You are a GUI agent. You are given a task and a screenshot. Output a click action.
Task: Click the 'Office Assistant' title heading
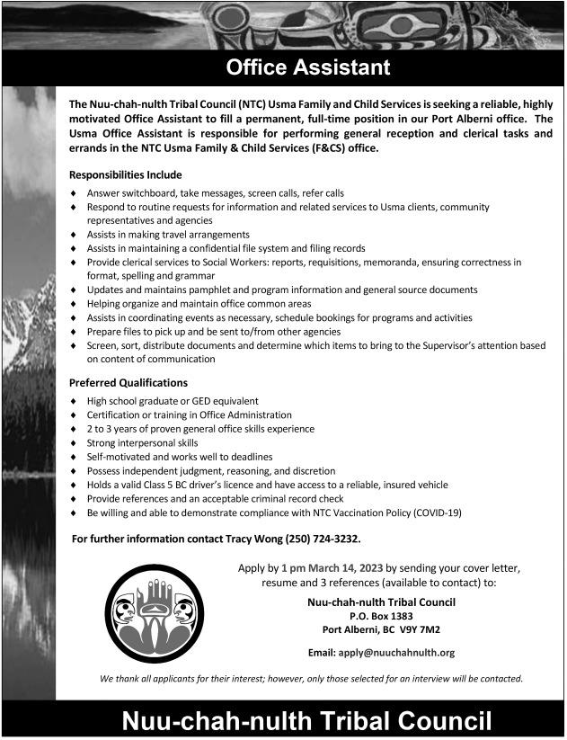click(x=307, y=67)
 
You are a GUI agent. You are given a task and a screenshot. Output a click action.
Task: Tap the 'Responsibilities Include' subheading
click(x=126, y=174)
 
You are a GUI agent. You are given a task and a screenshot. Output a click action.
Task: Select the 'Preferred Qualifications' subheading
click(x=128, y=383)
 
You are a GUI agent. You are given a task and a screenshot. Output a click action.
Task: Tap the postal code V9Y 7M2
click(x=420, y=629)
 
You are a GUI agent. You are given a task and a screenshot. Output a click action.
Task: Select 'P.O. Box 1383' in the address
click(x=381, y=616)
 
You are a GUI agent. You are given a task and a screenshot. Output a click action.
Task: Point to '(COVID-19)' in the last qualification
click(x=437, y=513)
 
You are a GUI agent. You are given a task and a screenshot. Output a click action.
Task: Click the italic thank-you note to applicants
click(x=311, y=678)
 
